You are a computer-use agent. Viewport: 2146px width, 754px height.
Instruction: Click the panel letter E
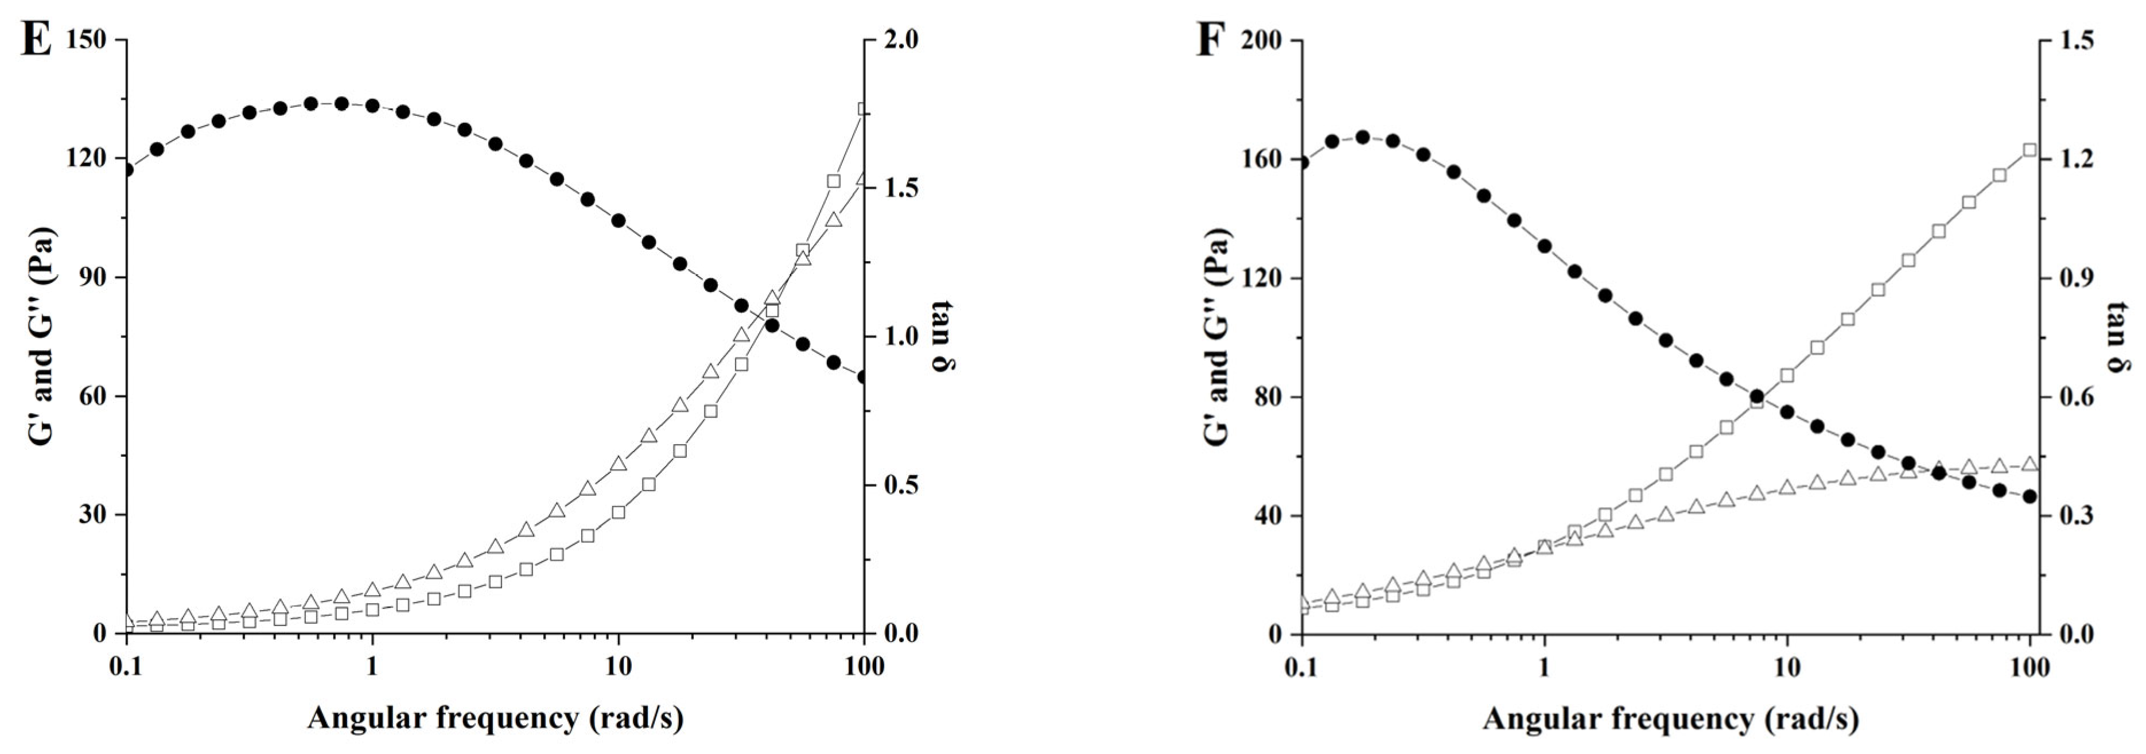click(35, 40)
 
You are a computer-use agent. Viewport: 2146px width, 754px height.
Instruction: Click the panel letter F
click(1211, 40)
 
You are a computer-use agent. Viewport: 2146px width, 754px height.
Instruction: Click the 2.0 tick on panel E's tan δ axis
click(897, 40)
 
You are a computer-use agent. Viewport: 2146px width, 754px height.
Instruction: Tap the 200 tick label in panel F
click(1261, 40)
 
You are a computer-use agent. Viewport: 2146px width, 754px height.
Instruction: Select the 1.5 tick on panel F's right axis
click(2073, 40)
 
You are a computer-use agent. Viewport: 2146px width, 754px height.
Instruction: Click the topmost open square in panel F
click(2030, 150)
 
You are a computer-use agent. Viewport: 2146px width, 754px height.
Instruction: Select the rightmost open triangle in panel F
click(2030, 464)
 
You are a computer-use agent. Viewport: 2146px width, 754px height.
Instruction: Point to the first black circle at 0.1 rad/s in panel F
click(1302, 162)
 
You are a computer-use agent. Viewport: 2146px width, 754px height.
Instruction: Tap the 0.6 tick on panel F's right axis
click(2073, 397)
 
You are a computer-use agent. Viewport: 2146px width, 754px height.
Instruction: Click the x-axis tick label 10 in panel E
click(617, 667)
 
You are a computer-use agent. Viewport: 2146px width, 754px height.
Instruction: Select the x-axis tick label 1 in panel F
click(1545, 667)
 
